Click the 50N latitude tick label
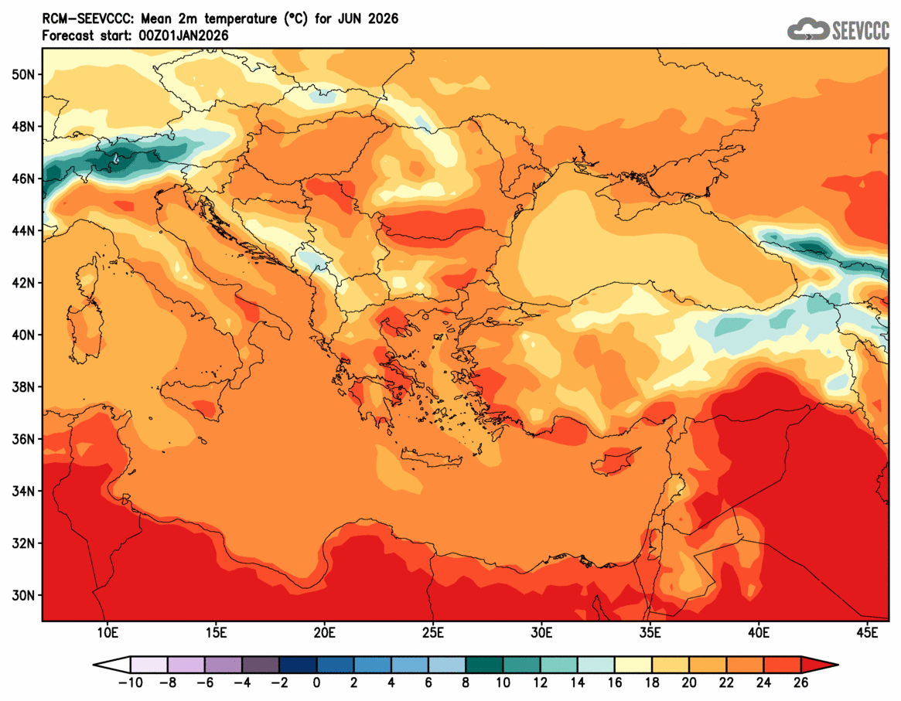[23, 74]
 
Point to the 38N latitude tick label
[23, 386]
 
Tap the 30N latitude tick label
[23, 595]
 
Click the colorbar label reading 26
[800, 682]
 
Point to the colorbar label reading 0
[316, 682]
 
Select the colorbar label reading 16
[615, 682]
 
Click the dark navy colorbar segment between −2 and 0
[298, 665]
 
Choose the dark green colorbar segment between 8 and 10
[484, 665]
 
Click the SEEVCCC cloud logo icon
[807, 29]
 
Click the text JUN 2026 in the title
[372, 19]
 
